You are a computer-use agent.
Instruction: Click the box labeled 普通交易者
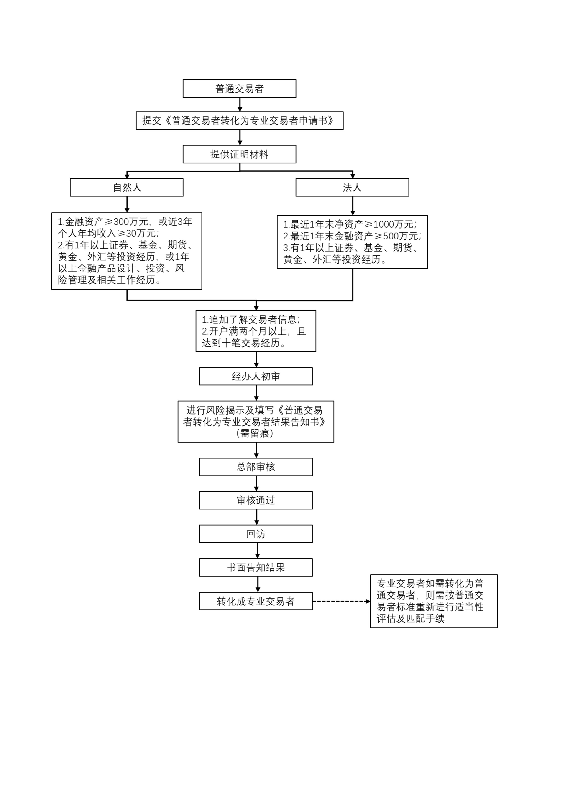click(x=239, y=89)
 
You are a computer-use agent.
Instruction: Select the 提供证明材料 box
click(x=239, y=154)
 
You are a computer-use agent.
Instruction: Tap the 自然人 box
click(x=127, y=187)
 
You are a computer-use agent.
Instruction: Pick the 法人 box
click(x=352, y=187)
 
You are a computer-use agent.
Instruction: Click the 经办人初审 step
click(x=256, y=376)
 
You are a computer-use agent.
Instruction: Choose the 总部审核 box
click(x=256, y=467)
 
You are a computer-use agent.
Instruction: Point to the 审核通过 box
click(x=256, y=500)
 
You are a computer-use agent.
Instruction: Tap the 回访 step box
click(x=256, y=534)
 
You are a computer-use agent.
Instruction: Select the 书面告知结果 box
click(x=256, y=567)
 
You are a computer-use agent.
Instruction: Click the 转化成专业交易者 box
click(x=256, y=601)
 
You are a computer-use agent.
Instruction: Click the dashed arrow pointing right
click(x=341, y=601)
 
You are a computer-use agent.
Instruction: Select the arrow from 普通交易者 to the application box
click(x=240, y=104)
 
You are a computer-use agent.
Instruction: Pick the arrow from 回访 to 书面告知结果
click(x=257, y=550)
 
